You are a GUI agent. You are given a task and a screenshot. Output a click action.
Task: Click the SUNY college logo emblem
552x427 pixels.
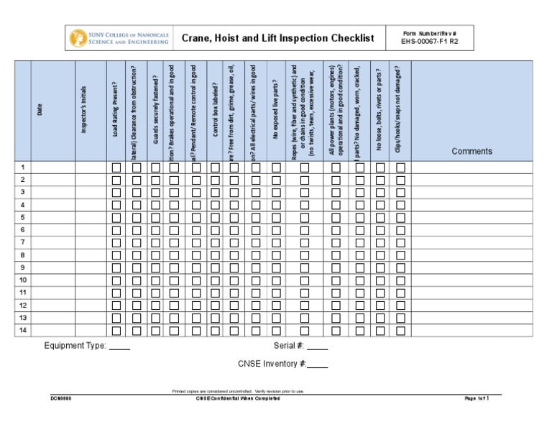point(78,38)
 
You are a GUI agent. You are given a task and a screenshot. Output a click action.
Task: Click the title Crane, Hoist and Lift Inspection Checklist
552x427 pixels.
point(277,38)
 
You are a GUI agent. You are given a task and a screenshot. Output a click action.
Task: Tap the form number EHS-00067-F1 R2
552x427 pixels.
point(430,42)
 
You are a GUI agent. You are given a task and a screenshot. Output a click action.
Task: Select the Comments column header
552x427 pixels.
point(471,151)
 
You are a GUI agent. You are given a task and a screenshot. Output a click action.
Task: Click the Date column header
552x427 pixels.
point(40,110)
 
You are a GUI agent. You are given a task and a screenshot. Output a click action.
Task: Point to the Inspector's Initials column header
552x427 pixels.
point(84,110)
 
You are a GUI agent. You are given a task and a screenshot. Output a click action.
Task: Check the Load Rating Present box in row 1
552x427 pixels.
point(116,167)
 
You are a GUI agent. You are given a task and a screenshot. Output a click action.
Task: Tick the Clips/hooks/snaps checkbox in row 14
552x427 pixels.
point(400,331)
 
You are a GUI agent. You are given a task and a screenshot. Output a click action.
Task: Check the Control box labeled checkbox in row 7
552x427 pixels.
point(215,243)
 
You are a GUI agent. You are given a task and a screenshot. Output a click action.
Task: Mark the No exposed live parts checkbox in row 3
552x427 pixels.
point(276,193)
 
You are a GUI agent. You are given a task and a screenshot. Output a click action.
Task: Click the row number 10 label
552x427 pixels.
point(23,280)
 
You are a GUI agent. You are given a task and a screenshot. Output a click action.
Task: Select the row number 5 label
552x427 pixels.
point(23,217)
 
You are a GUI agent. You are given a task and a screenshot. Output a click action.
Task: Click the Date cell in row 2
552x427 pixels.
point(53,180)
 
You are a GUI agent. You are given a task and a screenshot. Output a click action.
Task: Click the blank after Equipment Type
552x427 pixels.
point(119,346)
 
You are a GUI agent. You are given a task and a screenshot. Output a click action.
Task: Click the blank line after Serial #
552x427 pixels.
point(317,346)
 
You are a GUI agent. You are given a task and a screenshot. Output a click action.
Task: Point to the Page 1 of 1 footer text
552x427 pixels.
point(477,398)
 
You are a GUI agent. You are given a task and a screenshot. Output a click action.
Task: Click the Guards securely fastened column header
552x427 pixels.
point(155,110)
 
